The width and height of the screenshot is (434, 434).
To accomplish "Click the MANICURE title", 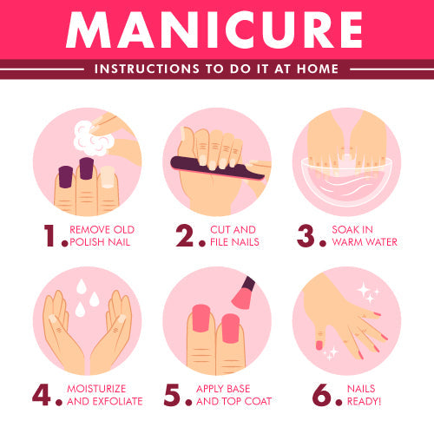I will click(x=216, y=30).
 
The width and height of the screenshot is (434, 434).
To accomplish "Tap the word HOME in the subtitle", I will click(x=318, y=69).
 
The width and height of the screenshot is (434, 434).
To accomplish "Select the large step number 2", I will click(x=185, y=236).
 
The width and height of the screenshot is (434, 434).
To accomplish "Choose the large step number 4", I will click(x=43, y=394).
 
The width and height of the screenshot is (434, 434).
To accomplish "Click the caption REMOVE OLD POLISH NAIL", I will click(x=102, y=236).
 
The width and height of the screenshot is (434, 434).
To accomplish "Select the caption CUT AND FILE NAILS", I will click(x=232, y=236).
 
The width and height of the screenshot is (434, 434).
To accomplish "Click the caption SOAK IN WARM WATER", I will click(x=364, y=236).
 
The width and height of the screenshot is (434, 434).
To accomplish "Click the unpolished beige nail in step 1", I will click(x=107, y=177).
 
